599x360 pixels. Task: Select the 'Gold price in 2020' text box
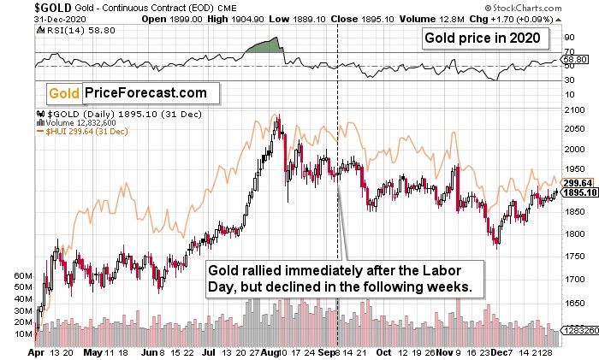click(x=483, y=39)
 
